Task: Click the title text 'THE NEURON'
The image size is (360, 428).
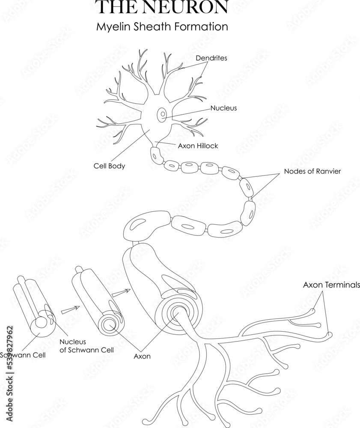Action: [161, 7]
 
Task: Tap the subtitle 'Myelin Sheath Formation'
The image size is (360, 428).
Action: [161, 27]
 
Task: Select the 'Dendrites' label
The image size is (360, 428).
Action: [211, 57]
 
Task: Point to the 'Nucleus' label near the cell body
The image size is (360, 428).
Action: [223, 108]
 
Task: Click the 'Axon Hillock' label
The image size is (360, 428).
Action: [198, 146]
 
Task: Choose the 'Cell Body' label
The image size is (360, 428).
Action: [109, 166]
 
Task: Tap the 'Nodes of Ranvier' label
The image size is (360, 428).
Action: [312, 172]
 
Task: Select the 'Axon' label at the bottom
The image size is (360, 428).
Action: [142, 356]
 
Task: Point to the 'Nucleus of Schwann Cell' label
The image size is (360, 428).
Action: [86, 346]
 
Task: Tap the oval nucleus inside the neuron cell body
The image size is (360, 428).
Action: [163, 115]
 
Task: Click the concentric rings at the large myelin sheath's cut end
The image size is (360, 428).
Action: [176, 315]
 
